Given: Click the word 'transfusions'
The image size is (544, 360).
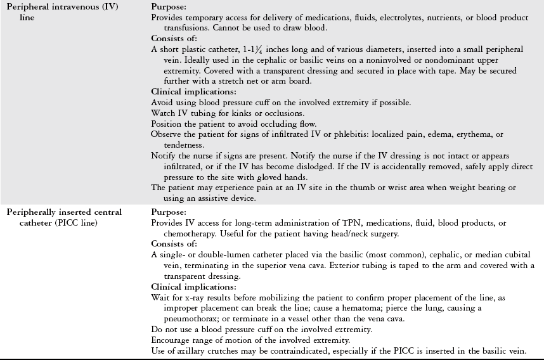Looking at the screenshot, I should click(193, 27).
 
